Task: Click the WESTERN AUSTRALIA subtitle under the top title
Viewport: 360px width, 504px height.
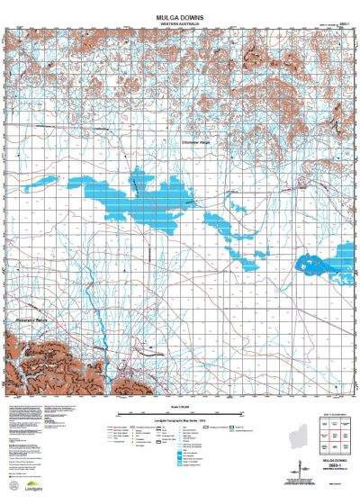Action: click(x=180, y=13)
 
